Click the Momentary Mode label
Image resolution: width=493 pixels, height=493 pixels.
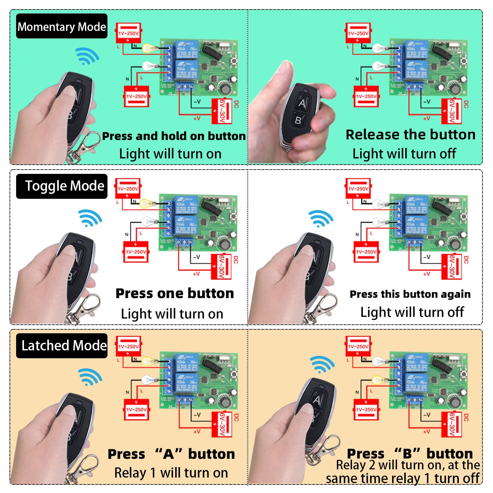pos(62,26)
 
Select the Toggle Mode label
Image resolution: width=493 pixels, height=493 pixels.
pos(62,186)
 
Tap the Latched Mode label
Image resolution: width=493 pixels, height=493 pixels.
pos(62,346)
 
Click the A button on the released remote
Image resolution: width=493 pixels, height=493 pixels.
pos(302,104)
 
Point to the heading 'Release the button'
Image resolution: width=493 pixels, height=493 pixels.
pos(411,135)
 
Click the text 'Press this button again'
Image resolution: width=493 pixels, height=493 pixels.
pos(410,294)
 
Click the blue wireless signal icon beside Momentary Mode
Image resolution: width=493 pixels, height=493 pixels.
pos(87,56)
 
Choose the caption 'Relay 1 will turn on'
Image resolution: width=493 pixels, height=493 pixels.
pos(171,473)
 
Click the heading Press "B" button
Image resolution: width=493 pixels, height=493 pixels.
pos(410,454)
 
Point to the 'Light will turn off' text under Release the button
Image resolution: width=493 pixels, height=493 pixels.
pos(404,154)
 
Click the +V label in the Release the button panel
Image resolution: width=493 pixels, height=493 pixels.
pos(426,119)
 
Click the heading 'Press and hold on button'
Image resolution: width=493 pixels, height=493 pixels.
pos(174,136)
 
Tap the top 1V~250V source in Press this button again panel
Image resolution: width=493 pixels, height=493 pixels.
pos(358,189)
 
